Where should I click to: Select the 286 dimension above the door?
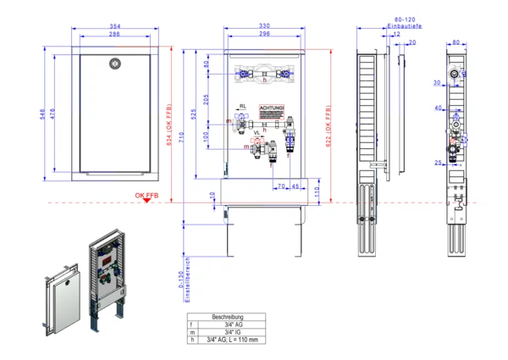coord(115,35)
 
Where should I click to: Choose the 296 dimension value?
coord(265,35)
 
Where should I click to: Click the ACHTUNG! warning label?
coord(272,109)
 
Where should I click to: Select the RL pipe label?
coord(243,108)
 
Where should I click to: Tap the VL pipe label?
coord(257,132)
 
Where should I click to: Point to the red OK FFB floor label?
coord(146,196)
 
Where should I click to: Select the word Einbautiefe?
coord(405,27)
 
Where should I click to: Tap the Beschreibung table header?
coord(229,316)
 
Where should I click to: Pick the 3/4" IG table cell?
coord(229,331)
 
